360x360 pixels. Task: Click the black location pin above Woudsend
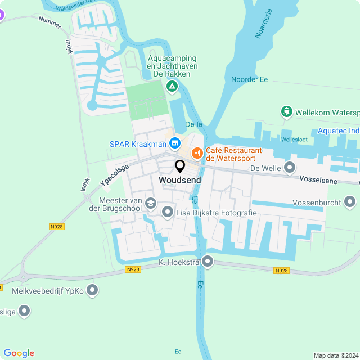[x=180, y=166]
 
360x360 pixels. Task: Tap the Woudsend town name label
[x=178, y=180]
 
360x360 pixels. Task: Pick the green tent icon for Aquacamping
[x=172, y=87]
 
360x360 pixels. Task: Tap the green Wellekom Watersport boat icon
[x=287, y=112]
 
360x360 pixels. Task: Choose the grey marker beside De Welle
[x=290, y=168]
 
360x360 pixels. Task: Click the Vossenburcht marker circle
[x=350, y=201]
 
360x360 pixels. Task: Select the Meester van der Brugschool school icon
[x=150, y=203]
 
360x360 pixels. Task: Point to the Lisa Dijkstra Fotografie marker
[x=168, y=213]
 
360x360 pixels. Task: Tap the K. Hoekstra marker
[x=208, y=261]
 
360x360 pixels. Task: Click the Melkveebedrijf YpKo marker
[x=93, y=290]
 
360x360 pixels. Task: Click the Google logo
[x=19, y=353]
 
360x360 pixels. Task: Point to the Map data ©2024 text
[x=335, y=355]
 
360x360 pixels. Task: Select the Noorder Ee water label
[x=249, y=79]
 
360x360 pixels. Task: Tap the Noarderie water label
[x=263, y=24]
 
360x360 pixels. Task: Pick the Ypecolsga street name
[x=115, y=175]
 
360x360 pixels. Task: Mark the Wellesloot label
[x=295, y=139]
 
